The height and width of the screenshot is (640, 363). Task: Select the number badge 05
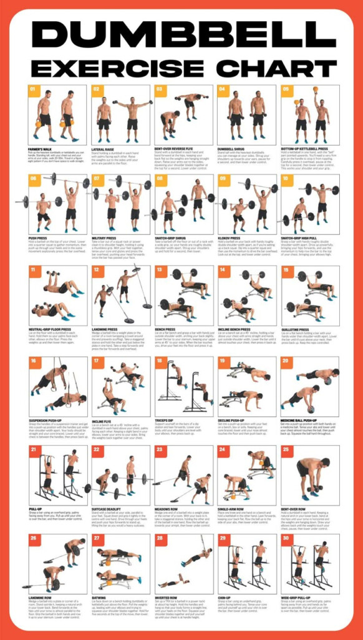[x=286, y=89]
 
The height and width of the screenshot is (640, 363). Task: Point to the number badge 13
[x=160, y=270]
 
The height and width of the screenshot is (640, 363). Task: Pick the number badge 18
[x=160, y=361]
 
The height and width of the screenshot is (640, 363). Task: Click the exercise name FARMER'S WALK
[x=39, y=149]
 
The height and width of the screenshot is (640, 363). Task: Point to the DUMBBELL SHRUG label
[x=230, y=149]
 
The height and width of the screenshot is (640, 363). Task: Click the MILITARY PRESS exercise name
[x=104, y=238]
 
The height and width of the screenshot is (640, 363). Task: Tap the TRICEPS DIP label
[x=164, y=419]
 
